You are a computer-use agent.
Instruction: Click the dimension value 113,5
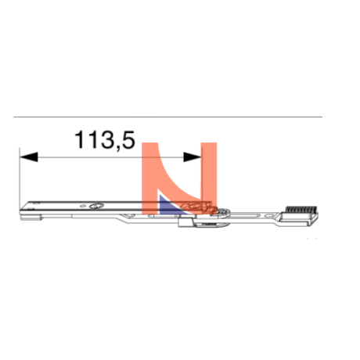click(x=105, y=140)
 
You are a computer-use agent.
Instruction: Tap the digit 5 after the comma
click(x=128, y=139)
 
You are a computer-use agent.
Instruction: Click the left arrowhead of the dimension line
click(x=29, y=157)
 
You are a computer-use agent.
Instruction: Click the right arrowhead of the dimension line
click(x=193, y=157)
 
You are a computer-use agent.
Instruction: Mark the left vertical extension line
click(x=20, y=178)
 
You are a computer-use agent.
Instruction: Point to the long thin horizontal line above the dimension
click(x=168, y=117)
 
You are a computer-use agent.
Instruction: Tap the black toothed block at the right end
click(x=301, y=210)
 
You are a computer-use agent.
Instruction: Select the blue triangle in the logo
click(x=170, y=206)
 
